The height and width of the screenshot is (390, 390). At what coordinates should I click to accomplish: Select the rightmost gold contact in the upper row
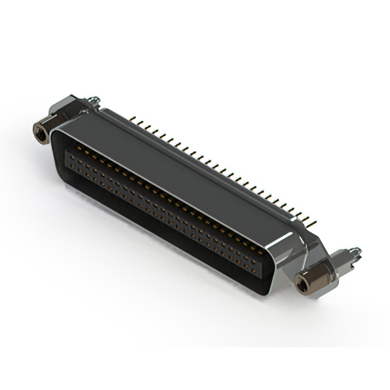[262, 250]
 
